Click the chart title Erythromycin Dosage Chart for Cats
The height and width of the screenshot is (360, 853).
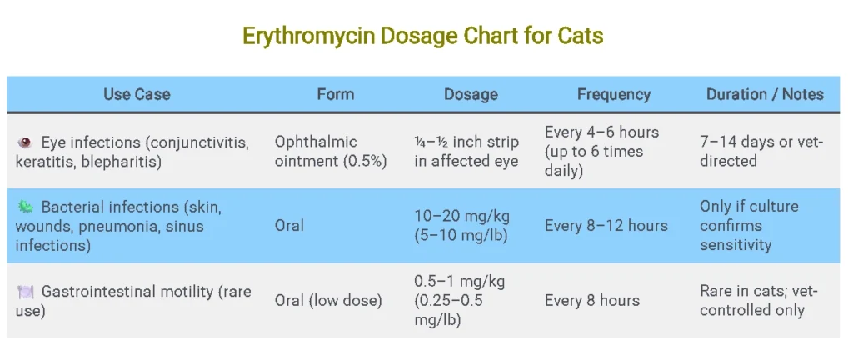pyautogui.click(x=422, y=37)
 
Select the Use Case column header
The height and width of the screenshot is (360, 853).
pyautogui.click(x=137, y=94)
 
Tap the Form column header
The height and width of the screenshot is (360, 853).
pyautogui.click(x=335, y=94)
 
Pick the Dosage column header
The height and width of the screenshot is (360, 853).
pyautogui.click(x=471, y=94)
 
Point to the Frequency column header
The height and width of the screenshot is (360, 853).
pyautogui.click(x=613, y=94)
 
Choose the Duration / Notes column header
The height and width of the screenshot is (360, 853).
pyautogui.click(x=765, y=94)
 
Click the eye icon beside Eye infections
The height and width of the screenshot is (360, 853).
pyautogui.click(x=24, y=142)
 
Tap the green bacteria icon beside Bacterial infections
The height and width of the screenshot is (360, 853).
pyautogui.click(x=24, y=207)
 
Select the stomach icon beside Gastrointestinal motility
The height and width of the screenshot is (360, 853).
pyautogui.click(x=24, y=292)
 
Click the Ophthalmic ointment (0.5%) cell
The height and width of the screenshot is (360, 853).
pyautogui.click(x=331, y=152)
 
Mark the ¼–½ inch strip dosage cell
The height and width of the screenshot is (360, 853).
pyautogui.click(x=466, y=152)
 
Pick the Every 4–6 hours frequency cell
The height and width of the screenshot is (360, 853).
pyautogui.click(x=601, y=151)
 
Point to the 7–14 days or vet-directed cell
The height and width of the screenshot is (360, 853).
pyautogui.click(x=761, y=152)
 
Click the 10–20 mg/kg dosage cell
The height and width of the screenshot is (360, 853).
pyautogui.click(x=462, y=225)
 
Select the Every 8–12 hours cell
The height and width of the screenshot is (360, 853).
pyautogui.click(x=606, y=225)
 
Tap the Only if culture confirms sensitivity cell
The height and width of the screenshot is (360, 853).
pyautogui.click(x=748, y=225)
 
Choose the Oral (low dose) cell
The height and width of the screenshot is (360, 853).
pyautogui.click(x=328, y=300)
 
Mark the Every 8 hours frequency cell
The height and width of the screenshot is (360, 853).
pyautogui.click(x=591, y=300)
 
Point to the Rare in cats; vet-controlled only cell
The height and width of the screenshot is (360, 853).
pyautogui.click(x=758, y=300)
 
